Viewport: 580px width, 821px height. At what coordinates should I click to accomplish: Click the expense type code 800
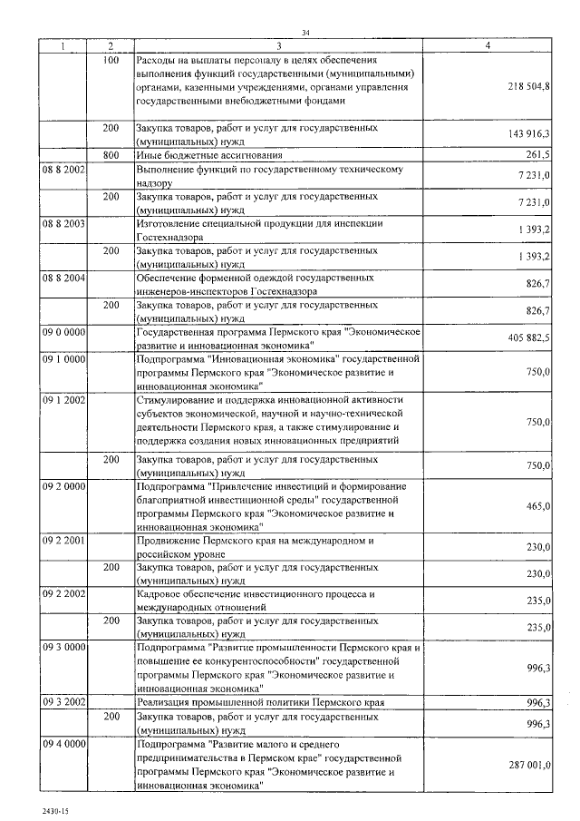click(111, 155)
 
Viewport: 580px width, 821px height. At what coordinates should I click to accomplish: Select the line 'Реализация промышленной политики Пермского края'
click(260, 702)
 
